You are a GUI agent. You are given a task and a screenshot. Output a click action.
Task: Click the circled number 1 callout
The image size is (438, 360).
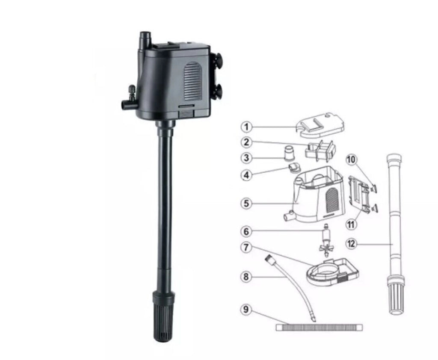pos(246,127)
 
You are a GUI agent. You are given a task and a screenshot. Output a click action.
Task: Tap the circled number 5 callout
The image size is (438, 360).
pos(246,203)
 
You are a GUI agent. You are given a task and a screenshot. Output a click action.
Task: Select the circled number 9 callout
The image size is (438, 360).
pos(246,310)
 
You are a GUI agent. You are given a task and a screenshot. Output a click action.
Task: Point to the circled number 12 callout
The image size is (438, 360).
pos(351,244)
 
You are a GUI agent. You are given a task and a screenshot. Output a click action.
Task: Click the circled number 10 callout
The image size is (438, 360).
pos(352,160)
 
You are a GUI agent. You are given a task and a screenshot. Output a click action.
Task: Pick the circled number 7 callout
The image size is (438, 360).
pos(246,248)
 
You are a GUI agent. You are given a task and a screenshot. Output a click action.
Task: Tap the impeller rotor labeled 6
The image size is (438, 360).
pos(326,240)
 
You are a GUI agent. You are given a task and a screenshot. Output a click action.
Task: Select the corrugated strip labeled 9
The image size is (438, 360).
pos(319,328)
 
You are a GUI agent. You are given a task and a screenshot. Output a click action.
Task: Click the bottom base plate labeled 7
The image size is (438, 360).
pos(332,272)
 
